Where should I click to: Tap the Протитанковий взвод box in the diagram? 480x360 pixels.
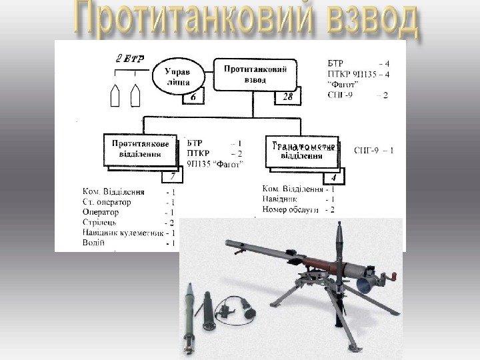pyautogui.click(x=255, y=74)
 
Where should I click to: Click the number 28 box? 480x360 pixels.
pyautogui.click(x=289, y=98)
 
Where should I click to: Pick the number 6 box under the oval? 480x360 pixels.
pyautogui.click(x=193, y=98)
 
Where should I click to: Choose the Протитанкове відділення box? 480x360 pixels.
pyautogui.click(x=140, y=149)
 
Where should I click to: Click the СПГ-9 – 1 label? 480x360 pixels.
pyautogui.click(x=374, y=150)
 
